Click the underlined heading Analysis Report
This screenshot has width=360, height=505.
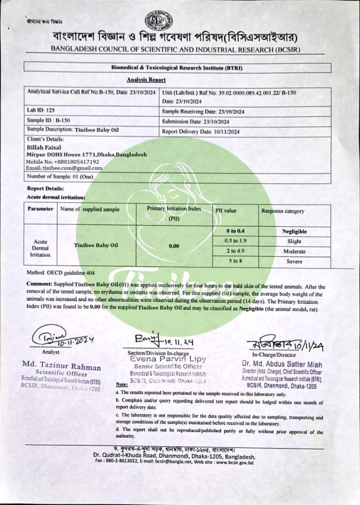point(146,80)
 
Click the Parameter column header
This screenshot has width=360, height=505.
point(40,210)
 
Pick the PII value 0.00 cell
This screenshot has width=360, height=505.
point(174,246)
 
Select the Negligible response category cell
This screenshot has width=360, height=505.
point(294,231)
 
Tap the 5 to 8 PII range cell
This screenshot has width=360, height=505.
point(235,262)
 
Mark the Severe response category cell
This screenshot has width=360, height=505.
point(294,262)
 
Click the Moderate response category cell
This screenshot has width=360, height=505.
point(294,252)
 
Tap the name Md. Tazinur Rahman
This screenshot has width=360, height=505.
point(61,366)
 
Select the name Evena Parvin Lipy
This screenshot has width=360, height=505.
point(168,360)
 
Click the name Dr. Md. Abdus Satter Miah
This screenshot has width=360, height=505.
point(282,363)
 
